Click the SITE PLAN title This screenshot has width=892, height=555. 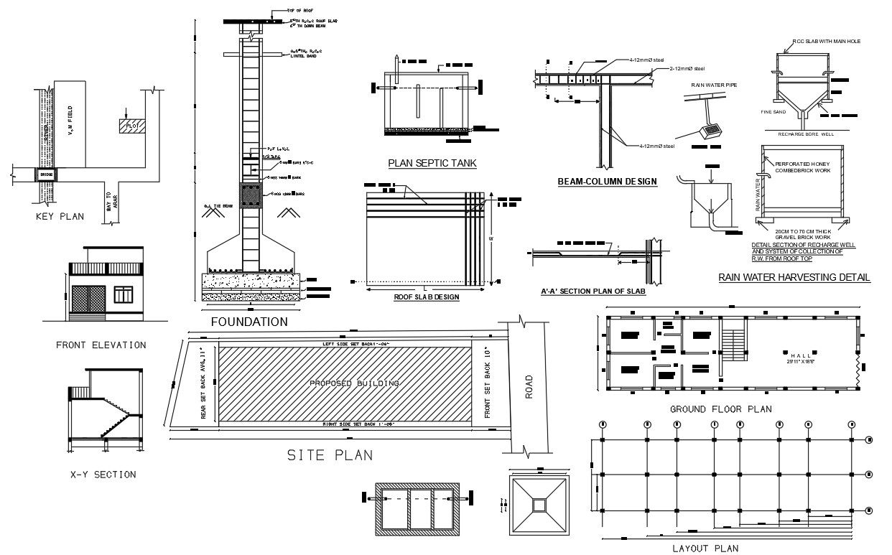pyautogui.click(x=330, y=454)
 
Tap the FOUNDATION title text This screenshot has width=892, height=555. pyautogui.click(x=249, y=322)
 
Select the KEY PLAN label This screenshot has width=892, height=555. pyautogui.click(x=60, y=216)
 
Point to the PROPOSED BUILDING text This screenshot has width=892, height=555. pyautogui.click(x=354, y=383)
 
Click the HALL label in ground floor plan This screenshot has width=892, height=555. pyautogui.click(x=800, y=355)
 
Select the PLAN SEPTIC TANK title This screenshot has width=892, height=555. pyautogui.click(x=432, y=163)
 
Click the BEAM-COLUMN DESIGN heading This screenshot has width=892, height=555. pyautogui.click(x=607, y=181)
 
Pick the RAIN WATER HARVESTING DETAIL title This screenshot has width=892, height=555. pyautogui.click(x=794, y=277)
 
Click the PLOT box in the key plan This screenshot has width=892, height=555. pyautogui.click(x=131, y=126)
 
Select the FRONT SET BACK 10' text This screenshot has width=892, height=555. pyautogui.click(x=488, y=383)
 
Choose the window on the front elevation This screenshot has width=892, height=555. pyautogui.click(x=124, y=294)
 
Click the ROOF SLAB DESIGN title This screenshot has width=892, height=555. pyautogui.click(x=426, y=297)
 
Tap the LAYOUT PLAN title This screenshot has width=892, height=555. pyautogui.click(x=705, y=548)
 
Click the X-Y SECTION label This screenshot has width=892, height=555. pyautogui.click(x=103, y=474)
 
